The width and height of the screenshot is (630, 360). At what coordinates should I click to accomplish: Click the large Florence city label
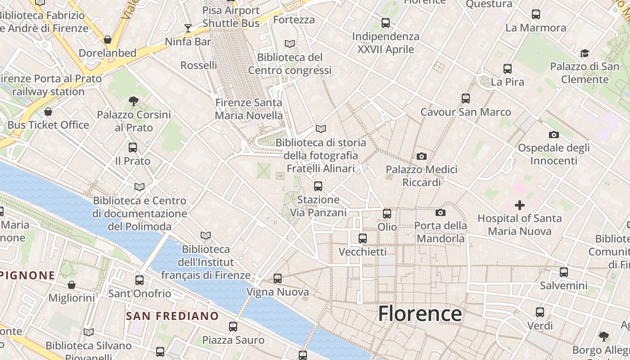tap(420, 314)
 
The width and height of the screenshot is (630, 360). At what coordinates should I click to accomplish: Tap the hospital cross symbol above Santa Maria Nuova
tap(520, 205)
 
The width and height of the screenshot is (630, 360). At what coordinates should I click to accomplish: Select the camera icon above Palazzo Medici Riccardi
tap(421, 156)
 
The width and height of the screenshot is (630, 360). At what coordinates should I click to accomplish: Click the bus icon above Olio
tap(387, 214)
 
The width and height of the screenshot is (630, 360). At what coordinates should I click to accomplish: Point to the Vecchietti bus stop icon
tap(363, 238)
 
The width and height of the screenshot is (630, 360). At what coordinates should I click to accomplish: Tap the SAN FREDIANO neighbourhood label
tap(172, 316)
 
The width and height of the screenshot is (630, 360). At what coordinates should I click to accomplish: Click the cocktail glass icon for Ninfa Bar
tap(188, 28)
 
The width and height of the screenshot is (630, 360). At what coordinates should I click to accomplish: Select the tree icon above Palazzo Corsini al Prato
tap(134, 101)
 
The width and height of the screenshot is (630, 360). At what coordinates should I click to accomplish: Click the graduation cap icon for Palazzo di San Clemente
tap(585, 54)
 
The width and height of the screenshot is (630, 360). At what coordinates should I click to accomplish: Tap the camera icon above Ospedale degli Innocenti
tap(554, 135)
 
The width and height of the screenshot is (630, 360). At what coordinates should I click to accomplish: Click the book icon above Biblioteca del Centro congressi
tap(290, 44)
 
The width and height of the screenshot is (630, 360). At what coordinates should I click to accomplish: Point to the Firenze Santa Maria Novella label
tap(249, 109)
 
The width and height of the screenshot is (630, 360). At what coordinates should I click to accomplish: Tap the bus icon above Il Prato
tap(133, 148)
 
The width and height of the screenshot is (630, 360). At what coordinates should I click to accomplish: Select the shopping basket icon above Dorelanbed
tap(108, 40)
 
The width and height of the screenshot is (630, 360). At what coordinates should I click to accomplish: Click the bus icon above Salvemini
tap(564, 272)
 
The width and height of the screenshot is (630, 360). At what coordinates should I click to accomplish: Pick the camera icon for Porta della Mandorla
tap(441, 212)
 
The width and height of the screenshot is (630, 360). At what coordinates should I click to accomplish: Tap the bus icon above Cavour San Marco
tap(466, 99)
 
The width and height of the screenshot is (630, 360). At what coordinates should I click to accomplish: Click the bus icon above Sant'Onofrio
tap(139, 280)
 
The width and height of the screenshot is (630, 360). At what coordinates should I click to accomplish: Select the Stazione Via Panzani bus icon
tap(318, 186)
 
